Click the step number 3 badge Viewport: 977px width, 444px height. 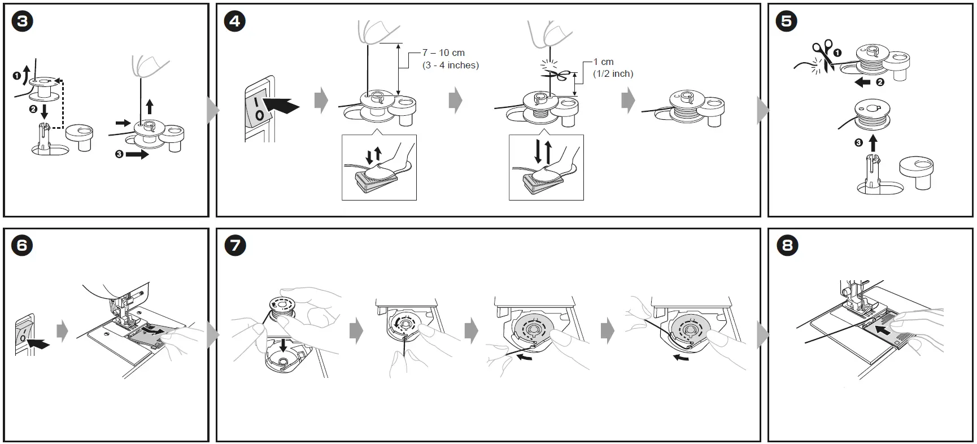[x=22, y=21]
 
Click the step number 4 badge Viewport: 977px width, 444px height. [x=235, y=21]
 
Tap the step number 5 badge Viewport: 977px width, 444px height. [x=786, y=21]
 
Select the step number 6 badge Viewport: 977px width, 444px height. [x=22, y=245]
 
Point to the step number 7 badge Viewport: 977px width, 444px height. [x=235, y=245]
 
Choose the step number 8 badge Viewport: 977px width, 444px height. [x=786, y=245]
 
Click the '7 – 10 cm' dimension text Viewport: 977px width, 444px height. [x=443, y=53]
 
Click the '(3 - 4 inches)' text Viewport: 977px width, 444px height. [x=450, y=66]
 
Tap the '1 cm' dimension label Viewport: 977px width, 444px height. [x=603, y=62]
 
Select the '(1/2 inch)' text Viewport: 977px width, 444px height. [x=613, y=74]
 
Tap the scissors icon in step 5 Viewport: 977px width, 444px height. [x=823, y=55]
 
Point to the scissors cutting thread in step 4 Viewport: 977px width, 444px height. [x=556, y=76]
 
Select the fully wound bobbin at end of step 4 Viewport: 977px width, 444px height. [x=688, y=110]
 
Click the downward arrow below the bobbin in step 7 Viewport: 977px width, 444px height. [x=283, y=345]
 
